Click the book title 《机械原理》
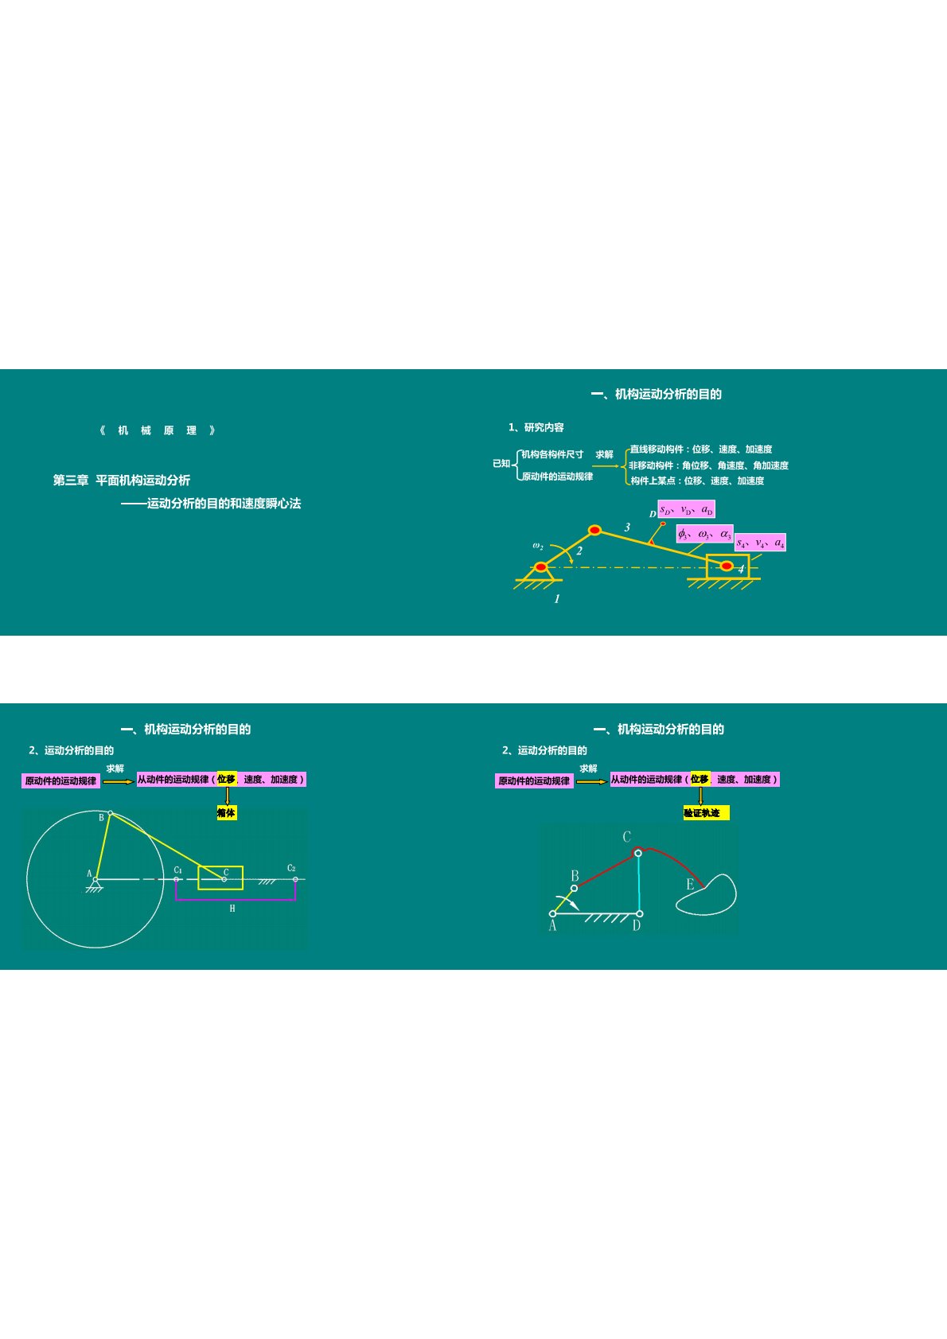click(x=158, y=430)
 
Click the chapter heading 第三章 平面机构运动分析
click(x=122, y=480)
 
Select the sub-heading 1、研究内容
click(x=536, y=427)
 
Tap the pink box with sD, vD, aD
click(x=686, y=509)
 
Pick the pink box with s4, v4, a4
click(x=760, y=543)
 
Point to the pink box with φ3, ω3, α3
click(x=704, y=533)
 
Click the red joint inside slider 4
click(x=727, y=566)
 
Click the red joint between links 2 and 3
click(x=594, y=530)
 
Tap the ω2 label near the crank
click(x=538, y=546)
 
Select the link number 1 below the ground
click(x=557, y=598)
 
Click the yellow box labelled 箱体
click(x=227, y=812)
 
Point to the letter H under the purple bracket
click(x=232, y=908)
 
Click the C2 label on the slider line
click(x=291, y=868)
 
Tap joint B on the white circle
click(x=110, y=813)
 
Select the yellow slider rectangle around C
click(x=220, y=878)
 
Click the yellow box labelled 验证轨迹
click(x=706, y=812)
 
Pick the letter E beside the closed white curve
click(x=690, y=884)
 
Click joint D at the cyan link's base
click(x=639, y=913)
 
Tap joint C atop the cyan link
click(x=638, y=853)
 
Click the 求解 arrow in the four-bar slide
click(x=591, y=781)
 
